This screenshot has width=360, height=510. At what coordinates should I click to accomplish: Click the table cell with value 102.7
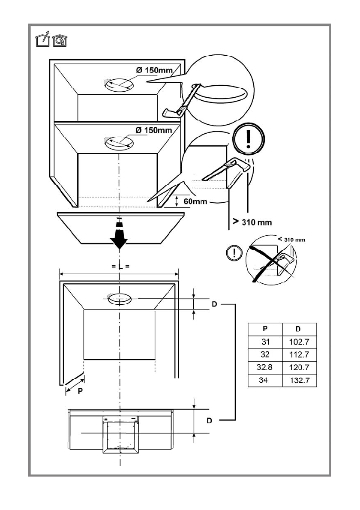point(299,342)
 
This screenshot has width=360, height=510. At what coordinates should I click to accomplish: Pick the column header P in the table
point(265,329)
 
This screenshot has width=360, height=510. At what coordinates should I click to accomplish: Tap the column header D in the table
point(299,329)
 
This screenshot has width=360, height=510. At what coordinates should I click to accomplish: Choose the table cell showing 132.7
point(299,381)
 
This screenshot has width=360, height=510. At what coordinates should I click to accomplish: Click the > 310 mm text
point(252,222)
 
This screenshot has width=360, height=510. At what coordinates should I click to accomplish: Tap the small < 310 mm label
point(291,240)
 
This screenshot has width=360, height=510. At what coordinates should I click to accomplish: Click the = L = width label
point(120,267)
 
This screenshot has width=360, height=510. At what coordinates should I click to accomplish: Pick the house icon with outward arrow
point(42,40)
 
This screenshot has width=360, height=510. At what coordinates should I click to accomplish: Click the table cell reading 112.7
point(299,354)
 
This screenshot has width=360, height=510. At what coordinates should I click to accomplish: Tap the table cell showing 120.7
point(299,367)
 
